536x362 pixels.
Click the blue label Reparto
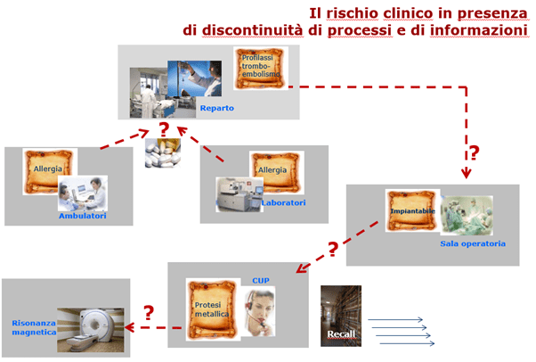[217, 108]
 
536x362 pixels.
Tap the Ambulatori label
[83, 216]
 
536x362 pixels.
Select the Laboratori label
[283, 202]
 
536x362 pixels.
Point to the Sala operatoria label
[473, 243]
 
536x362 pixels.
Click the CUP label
[261, 281]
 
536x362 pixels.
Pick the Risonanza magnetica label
[34, 327]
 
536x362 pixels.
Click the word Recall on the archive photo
[341, 334]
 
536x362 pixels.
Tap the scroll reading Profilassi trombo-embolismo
[261, 68]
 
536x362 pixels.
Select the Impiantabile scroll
[412, 210]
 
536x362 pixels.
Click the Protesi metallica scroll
[213, 309]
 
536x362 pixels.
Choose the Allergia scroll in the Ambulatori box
[48, 169]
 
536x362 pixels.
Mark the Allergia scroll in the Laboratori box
[277, 172]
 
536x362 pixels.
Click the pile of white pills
[163, 152]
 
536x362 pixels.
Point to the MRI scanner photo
[91, 330]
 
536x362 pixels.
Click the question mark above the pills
[164, 129]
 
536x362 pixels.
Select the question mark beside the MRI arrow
[149, 312]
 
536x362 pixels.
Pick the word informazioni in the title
[479, 30]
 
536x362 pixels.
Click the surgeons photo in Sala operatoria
[467, 215]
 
